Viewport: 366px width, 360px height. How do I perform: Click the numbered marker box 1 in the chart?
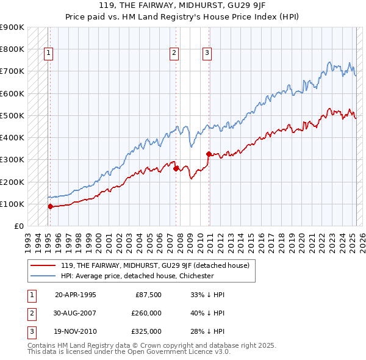tap(48, 53)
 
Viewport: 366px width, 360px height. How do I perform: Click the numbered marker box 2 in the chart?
tap(174, 53)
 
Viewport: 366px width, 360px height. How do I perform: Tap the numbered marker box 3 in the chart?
tap(207, 53)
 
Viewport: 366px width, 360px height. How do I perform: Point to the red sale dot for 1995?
tap(51, 206)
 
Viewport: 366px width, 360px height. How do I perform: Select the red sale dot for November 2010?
tap(209, 154)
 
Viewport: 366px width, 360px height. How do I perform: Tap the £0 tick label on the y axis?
tap(18, 226)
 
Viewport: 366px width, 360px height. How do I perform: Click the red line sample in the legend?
tap(44, 265)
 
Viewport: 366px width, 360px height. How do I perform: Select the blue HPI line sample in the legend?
tap(44, 276)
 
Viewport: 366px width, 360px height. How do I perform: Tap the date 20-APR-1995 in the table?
tap(76, 295)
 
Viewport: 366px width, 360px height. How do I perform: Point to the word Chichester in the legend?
tap(195, 276)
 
